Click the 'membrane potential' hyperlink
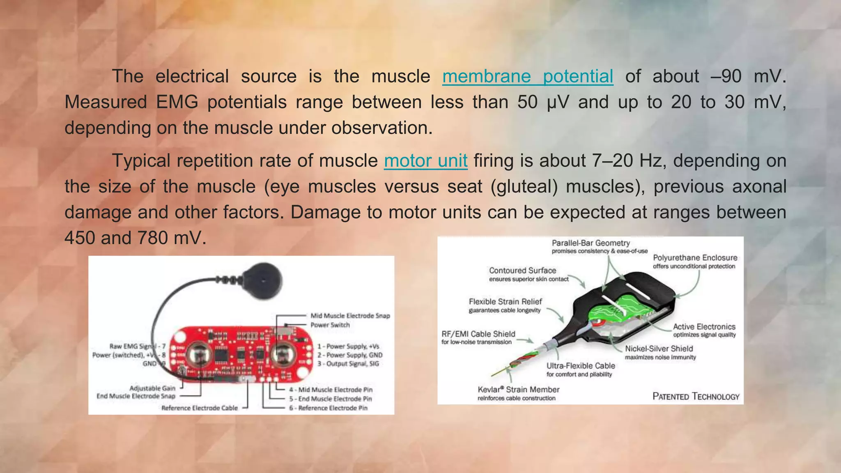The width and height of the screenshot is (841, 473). [x=528, y=76]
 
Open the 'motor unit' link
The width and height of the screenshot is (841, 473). [x=426, y=161]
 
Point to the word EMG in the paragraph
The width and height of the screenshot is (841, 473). [x=177, y=102]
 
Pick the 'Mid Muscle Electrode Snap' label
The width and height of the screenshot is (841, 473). [x=350, y=316]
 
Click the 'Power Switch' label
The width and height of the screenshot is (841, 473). [x=330, y=325]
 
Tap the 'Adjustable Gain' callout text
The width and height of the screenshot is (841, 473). [x=152, y=388]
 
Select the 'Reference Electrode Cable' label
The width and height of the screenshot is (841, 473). [x=200, y=408]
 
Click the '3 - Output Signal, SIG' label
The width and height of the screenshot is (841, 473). [x=348, y=364]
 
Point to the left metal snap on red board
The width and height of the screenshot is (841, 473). [x=200, y=355]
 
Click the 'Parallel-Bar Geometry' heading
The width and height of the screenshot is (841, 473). [x=591, y=243]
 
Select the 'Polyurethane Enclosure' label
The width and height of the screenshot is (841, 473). [x=695, y=258]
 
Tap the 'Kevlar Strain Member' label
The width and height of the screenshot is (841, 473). [x=518, y=390]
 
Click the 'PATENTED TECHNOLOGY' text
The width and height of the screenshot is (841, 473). [x=696, y=396]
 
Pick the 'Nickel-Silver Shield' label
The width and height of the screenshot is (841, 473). [x=659, y=349]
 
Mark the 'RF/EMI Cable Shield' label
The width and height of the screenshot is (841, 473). [x=478, y=334]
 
